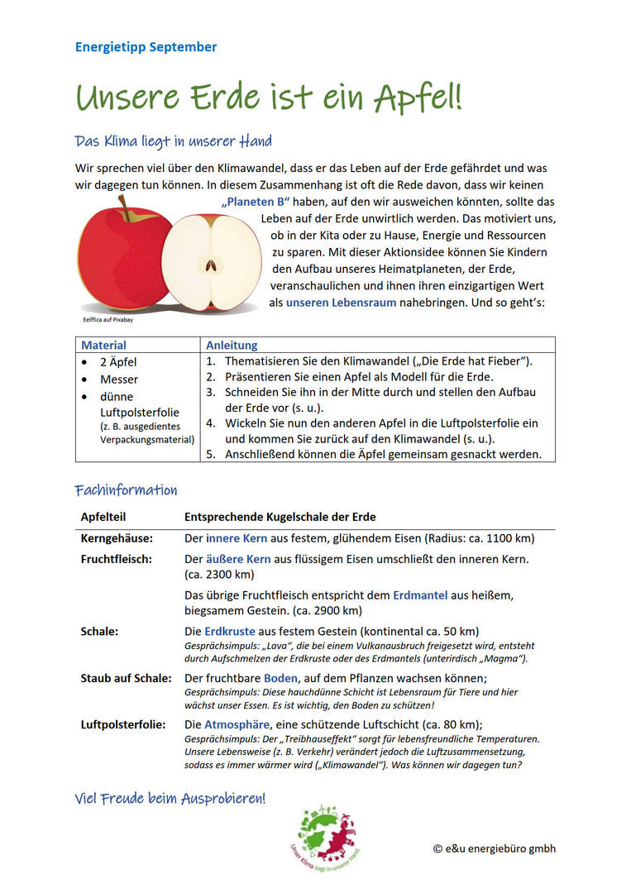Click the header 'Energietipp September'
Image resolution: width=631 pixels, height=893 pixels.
[146, 47]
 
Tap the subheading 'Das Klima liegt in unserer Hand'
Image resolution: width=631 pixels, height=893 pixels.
[173, 141]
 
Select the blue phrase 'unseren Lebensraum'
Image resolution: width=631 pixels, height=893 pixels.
[341, 303]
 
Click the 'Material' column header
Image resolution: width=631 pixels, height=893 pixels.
[103, 345]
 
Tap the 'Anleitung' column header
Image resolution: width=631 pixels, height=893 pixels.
[232, 345]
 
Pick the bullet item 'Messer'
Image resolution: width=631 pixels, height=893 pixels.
[119, 380]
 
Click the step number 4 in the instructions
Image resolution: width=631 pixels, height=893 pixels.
[211, 423]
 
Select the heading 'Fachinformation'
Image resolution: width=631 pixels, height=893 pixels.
[126, 490]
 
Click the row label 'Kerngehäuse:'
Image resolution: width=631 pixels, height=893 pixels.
[117, 538]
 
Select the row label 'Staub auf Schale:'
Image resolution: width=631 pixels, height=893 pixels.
[126, 678]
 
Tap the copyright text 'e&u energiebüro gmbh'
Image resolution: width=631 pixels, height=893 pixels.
[494, 848]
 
